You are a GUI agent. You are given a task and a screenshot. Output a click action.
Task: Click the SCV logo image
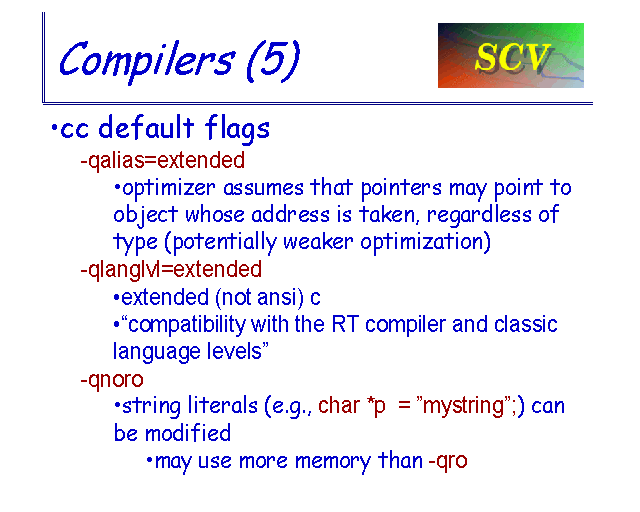(511, 55)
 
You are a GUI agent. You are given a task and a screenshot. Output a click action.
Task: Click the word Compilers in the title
(147, 60)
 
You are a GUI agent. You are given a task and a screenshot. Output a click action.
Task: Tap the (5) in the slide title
(273, 60)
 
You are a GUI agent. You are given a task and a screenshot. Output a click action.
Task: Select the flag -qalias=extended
(162, 160)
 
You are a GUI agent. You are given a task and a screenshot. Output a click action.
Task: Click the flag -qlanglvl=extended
(171, 269)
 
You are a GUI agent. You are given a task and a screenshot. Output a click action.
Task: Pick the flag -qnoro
(112, 380)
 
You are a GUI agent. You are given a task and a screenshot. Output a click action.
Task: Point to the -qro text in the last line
(448, 461)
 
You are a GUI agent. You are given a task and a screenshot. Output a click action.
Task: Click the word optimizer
(169, 189)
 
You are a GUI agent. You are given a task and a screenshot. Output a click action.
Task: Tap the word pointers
(401, 189)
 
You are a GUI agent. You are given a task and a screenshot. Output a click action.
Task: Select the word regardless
(479, 215)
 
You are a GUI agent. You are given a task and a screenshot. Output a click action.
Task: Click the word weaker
(318, 242)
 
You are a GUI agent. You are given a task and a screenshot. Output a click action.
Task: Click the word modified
(188, 433)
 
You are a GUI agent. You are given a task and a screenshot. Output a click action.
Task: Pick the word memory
(333, 462)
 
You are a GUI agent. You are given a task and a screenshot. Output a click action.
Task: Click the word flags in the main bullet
(237, 128)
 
